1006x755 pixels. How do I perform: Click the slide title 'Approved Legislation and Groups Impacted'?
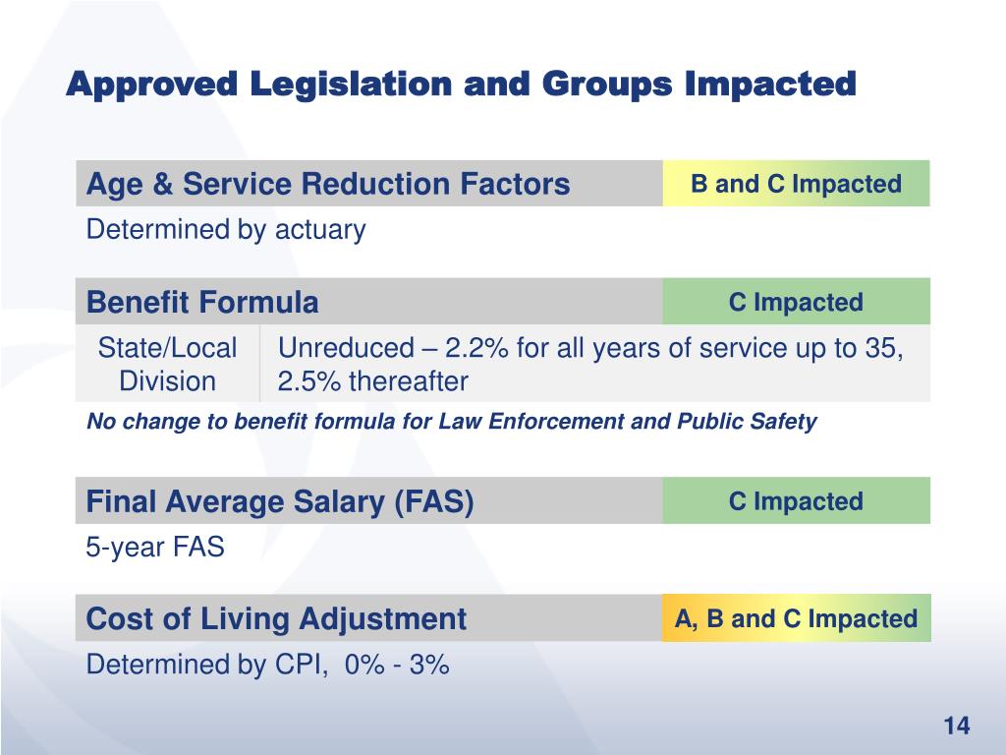click(461, 85)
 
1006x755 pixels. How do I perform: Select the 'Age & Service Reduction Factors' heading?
click(328, 184)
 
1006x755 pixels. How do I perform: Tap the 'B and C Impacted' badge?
click(796, 184)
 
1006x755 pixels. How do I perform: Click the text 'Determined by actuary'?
click(226, 230)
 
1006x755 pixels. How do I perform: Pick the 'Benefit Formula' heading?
click(202, 302)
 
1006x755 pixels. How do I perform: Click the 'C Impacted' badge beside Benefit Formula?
click(796, 302)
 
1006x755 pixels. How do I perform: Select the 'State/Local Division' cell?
click(167, 364)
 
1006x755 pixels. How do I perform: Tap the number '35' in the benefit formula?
click(886, 348)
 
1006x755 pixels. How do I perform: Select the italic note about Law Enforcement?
click(452, 422)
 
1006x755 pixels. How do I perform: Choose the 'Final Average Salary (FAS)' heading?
click(280, 502)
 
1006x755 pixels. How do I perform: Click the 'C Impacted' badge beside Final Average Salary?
click(796, 501)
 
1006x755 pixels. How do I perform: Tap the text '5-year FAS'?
click(155, 548)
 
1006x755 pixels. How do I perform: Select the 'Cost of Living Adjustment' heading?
click(276, 619)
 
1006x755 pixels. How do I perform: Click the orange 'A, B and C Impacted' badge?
click(796, 618)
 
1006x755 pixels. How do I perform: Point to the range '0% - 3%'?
click(398, 665)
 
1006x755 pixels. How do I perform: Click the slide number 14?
click(956, 726)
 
